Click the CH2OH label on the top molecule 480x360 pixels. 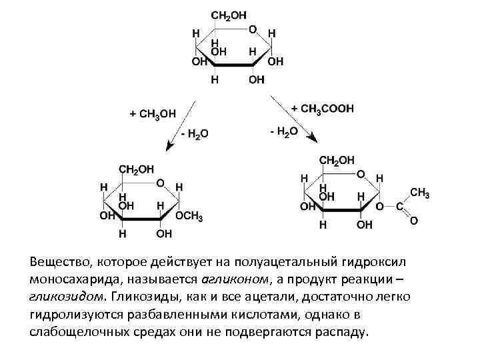pyautogui.click(x=229, y=15)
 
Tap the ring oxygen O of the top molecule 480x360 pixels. pyautogui.click(x=253, y=30)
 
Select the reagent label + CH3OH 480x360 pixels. pyautogui.click(x=153, y=113)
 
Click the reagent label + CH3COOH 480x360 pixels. pyautogui.click(x=323, y=108)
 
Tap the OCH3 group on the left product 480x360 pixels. pyautogui.click(x=189, y=217)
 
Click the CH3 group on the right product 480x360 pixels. pyautogui.click(x=419, y=193)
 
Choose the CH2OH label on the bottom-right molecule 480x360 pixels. pyautogui.click(x=337, y=160)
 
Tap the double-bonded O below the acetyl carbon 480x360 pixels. pyautogui.click(x=413, y=220)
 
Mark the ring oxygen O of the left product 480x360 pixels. pyautogui.click(x=161, y=182)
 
